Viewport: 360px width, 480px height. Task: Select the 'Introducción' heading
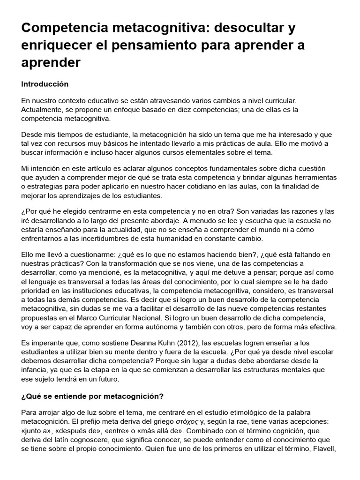point(45,84)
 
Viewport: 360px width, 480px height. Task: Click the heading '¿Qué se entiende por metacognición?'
point(92,396)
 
